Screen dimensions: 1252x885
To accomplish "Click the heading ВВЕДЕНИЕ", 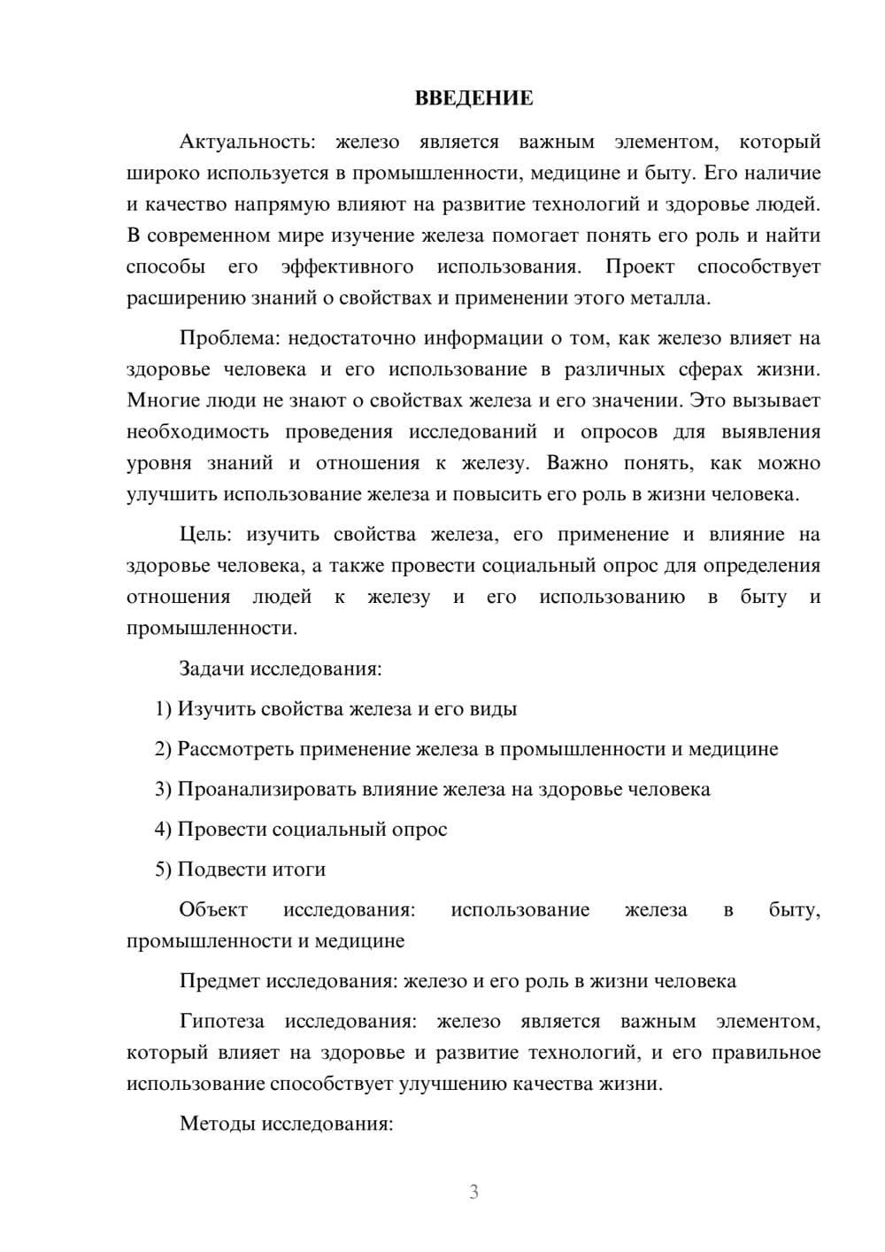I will (473, 98).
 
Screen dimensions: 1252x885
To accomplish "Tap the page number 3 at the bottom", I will (473, 1192).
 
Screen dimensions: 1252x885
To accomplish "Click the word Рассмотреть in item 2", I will (235, 749).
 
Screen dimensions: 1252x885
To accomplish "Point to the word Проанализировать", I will (267, 789).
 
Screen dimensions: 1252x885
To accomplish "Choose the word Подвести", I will (221, 869).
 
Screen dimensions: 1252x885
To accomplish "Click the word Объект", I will (213, 910).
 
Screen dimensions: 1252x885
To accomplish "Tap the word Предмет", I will (220, 981).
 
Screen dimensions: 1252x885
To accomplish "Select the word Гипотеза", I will (221, 1022).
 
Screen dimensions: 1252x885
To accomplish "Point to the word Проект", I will (640, 267).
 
